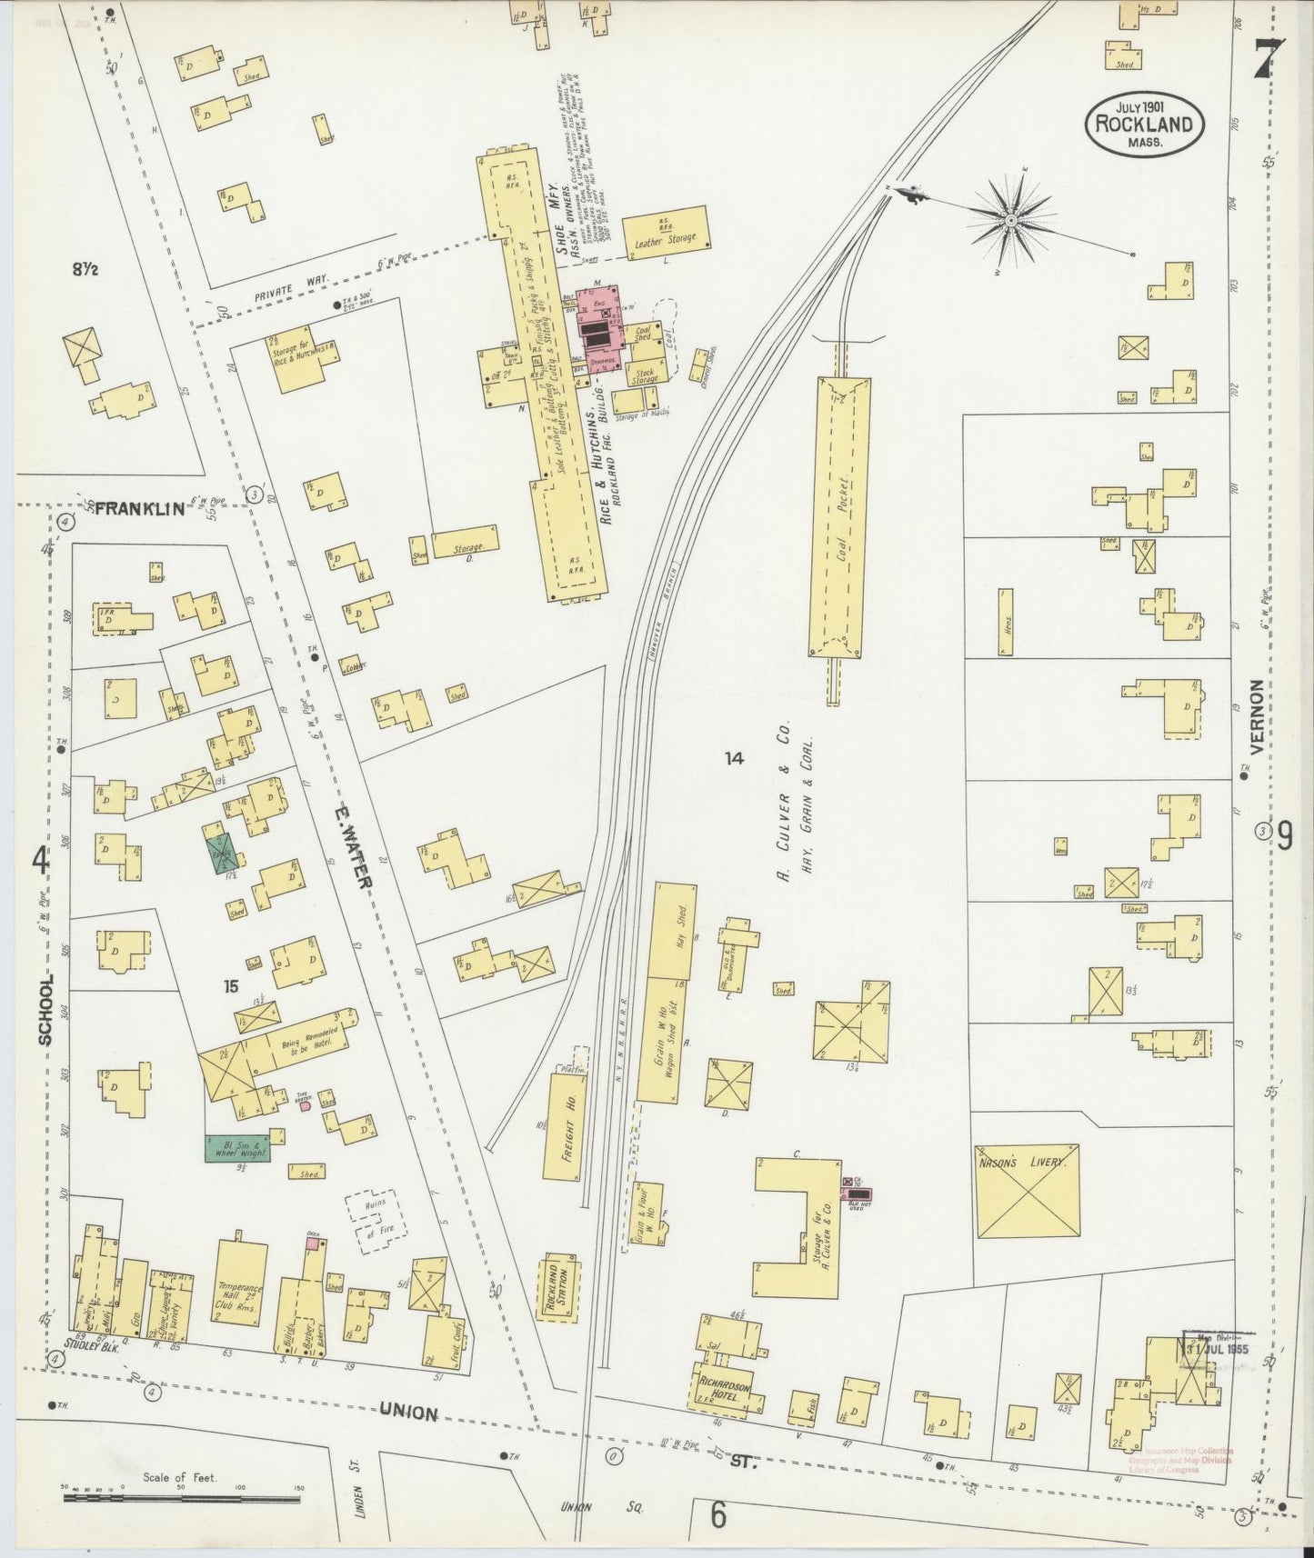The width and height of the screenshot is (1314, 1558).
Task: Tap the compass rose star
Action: pos(1011,220)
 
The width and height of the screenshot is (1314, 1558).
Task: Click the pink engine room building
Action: pos(597,329)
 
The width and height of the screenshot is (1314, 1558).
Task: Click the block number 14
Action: pos(734,757)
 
